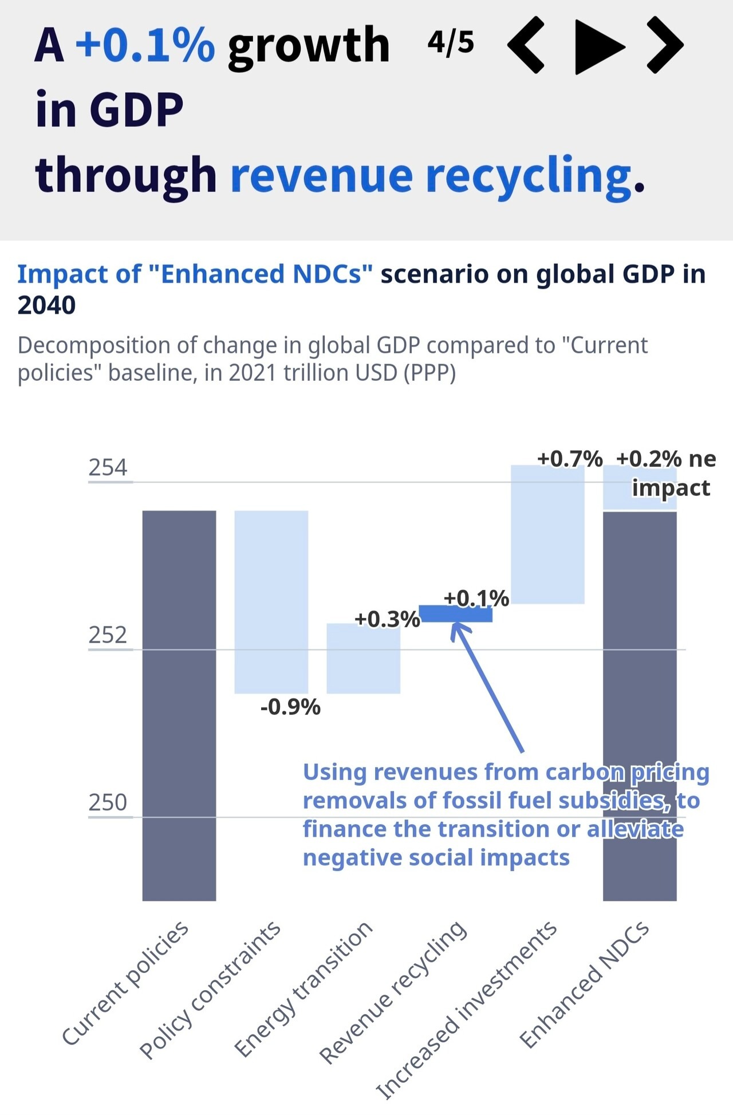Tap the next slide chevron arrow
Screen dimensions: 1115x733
[x=665, y=45]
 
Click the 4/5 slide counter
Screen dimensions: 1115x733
[x=451, y=42]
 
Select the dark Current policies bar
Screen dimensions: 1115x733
[x=179, y=704]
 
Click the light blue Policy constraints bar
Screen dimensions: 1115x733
[x=271, y=601]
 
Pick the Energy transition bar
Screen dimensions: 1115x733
[x=363, y=659]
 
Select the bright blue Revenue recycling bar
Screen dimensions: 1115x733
[x=456, y=614]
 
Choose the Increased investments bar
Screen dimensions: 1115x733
[x=547, y=534]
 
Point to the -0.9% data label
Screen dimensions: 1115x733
[x=290, y=707]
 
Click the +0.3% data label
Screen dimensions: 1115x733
[x=387, y=619]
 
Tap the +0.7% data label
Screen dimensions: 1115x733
[x=570, y=459]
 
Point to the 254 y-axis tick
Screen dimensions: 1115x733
[x=108, y=468]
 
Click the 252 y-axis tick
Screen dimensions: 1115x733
[x=108, y=635]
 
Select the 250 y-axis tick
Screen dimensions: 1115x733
[x=108, y=802]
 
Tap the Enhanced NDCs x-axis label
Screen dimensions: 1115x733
[x=584, y=985]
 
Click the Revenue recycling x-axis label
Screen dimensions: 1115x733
[x=393, y=994]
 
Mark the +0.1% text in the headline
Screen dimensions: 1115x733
[x=145, y=45]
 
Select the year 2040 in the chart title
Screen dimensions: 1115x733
[x=46, y=305]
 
